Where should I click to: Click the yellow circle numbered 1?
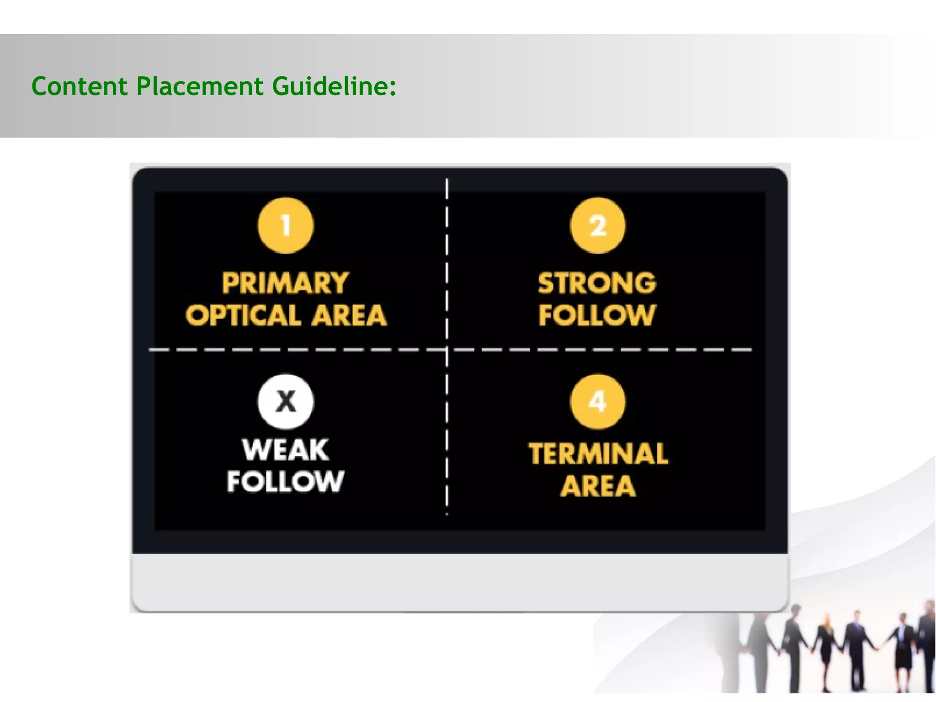(x=286, y=225)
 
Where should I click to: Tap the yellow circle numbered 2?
(x=598, y=225)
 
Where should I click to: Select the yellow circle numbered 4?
(x=598, y=402)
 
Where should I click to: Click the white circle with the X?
(x=286, y=402)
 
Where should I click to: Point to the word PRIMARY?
(x=286, y=283)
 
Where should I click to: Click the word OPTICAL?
(x=243, y=315)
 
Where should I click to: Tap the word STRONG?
(x=597, y=283)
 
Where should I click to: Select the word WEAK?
(x=286, y=450)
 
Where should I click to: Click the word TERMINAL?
(x=598, y=454)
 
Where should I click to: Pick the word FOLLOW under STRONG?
(x=597, y=315)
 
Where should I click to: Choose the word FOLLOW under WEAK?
(x=286, y=481)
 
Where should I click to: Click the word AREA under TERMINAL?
(x=598, y=486)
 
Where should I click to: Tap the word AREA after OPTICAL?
(x=349, y=315)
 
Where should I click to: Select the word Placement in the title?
(x=200, y=86)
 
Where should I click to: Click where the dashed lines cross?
(x=447, y=350)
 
